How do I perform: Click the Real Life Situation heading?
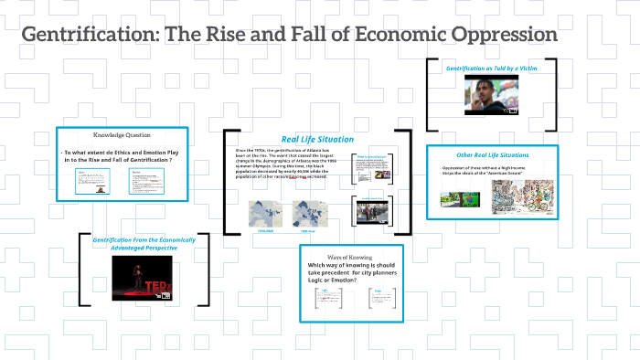coord(293,138)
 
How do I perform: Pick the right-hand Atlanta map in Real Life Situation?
coord(309,214)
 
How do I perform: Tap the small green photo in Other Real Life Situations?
coord(450,198)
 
